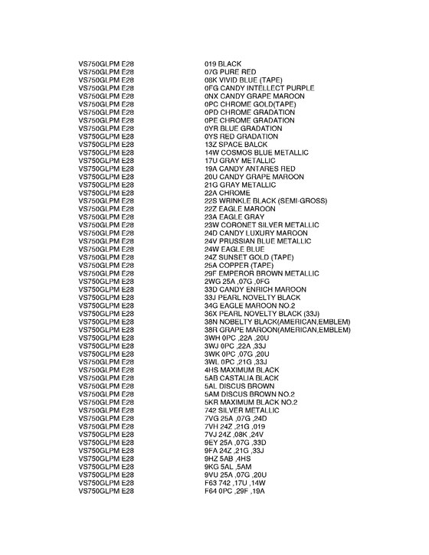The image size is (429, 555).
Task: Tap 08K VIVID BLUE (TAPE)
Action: [244, 80]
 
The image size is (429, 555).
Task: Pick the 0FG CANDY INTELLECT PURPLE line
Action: [259, 88]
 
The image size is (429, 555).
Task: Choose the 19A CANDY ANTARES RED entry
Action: [250, 169]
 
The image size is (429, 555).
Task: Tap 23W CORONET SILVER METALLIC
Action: [261, 226]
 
